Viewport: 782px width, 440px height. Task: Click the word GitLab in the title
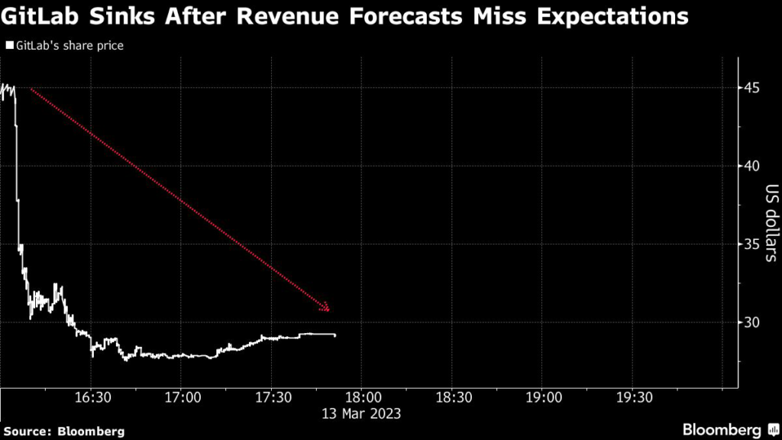44,15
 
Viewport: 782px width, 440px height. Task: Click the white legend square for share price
8,46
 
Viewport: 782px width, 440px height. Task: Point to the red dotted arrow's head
326,308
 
